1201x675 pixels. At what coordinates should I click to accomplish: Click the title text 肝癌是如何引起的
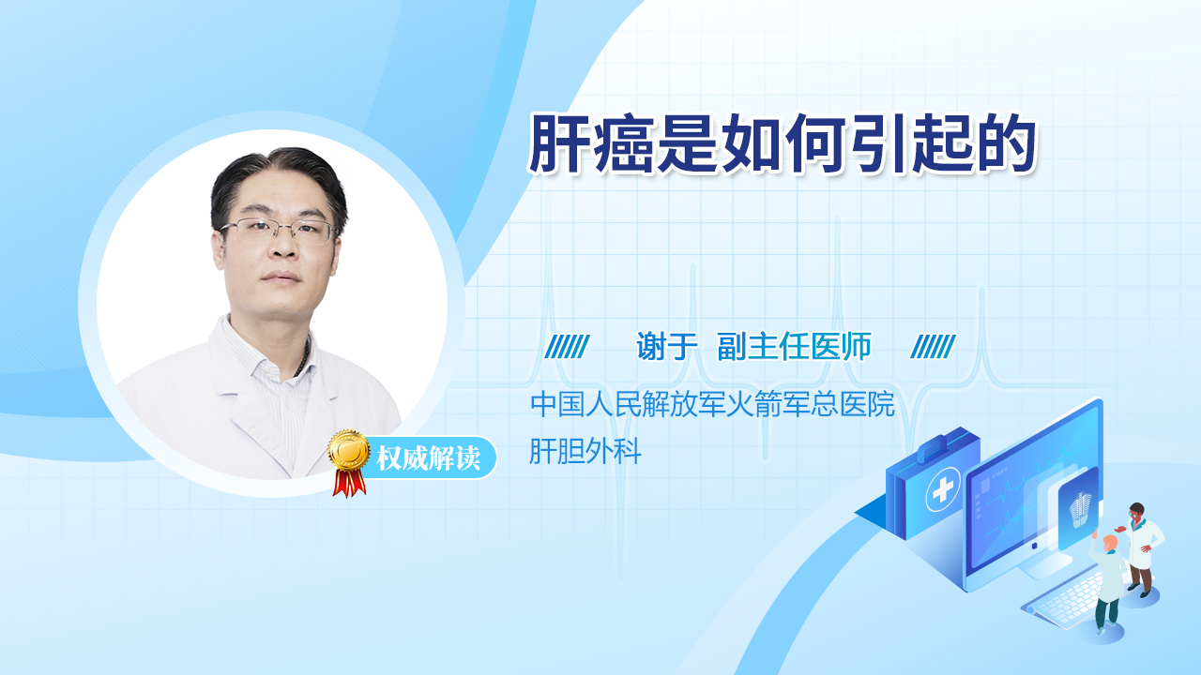point(783,143)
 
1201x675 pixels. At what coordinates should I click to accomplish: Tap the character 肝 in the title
point(559,143)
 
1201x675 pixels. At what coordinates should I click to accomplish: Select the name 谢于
point(666,346)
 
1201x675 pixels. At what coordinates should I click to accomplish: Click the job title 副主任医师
point(794,346)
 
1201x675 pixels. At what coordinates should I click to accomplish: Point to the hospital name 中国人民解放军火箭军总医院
point(712,404)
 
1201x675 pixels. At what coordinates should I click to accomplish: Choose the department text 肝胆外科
point(585,451)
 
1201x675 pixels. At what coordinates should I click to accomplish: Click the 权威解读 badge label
point(428,458)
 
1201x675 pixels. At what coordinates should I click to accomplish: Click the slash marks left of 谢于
point(567,347)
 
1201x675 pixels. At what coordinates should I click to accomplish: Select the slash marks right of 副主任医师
point(933,347)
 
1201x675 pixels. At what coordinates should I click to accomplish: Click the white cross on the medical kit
point(943,488)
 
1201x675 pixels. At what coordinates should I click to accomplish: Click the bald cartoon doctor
point(1108,584)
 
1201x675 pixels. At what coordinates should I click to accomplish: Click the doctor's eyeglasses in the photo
point(278,231)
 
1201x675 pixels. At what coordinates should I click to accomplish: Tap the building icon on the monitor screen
point(1080,509)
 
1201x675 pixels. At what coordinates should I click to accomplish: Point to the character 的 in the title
point(1007,143)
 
